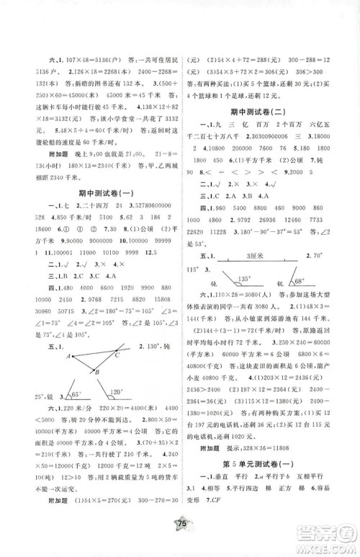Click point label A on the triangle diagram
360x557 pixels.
pyautogui.click(x=66, y=356)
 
